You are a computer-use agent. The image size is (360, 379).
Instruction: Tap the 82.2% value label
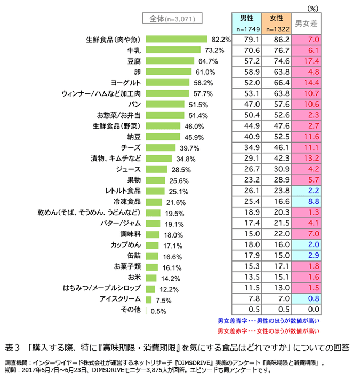[221, 40]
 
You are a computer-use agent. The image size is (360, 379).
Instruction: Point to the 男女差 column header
[306, 23]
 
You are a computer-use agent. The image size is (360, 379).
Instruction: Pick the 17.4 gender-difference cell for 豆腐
[306, 61]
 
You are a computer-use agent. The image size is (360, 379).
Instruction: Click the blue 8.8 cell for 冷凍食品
[306, 202]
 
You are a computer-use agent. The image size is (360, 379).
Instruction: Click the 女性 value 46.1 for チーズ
[277, 148]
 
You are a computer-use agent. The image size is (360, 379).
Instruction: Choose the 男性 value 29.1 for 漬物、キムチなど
[247, 159]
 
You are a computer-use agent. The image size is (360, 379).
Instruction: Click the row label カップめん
[127, 245]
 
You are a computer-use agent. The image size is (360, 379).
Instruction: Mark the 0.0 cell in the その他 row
[306, 310]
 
